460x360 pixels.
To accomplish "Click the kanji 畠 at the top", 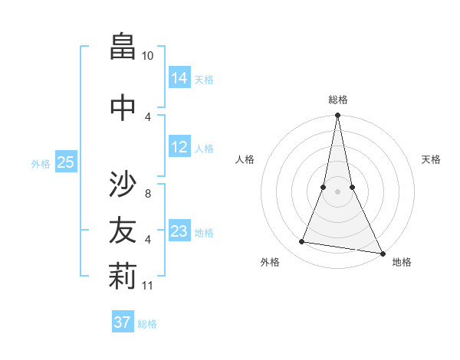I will pos(123,47).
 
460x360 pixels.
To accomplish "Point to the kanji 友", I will pos(123,229).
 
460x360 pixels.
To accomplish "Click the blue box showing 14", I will pos(179,77).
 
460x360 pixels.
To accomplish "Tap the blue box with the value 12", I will pos(179,147).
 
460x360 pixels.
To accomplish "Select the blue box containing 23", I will pos(179,231).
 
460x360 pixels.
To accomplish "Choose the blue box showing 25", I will pos(66,162).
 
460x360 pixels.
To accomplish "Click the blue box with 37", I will pos(123,322).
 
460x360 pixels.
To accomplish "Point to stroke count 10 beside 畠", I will pos(147,56).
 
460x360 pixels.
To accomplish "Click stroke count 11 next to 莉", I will pos(149,286).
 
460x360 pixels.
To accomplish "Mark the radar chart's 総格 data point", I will pos(337,116).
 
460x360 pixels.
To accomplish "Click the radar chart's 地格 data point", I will pos(382,253).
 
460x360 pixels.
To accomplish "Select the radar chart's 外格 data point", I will pos(302,242).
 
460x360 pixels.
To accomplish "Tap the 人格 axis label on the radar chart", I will pos(245,159).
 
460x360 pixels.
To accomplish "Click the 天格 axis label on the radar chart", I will pos(431,159).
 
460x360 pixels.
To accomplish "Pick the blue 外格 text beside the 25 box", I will pos(40,163).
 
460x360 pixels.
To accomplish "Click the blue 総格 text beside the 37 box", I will pos(147,324).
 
